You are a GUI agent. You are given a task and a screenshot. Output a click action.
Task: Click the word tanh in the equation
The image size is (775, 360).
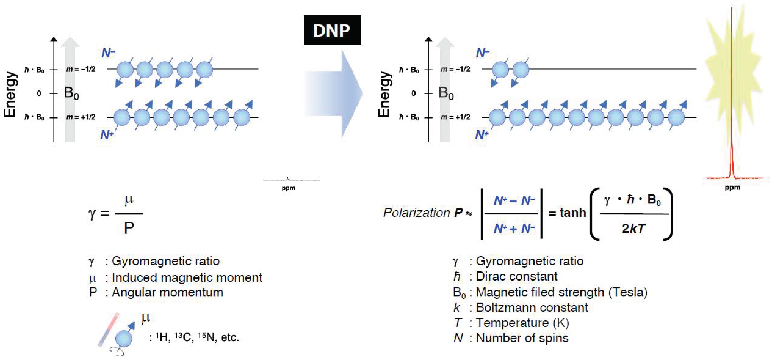pos(573,213)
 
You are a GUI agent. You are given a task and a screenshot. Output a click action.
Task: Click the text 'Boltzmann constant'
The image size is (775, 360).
pos(532,307)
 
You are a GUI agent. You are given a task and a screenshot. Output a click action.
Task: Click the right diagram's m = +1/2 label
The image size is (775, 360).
pos(455,117)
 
